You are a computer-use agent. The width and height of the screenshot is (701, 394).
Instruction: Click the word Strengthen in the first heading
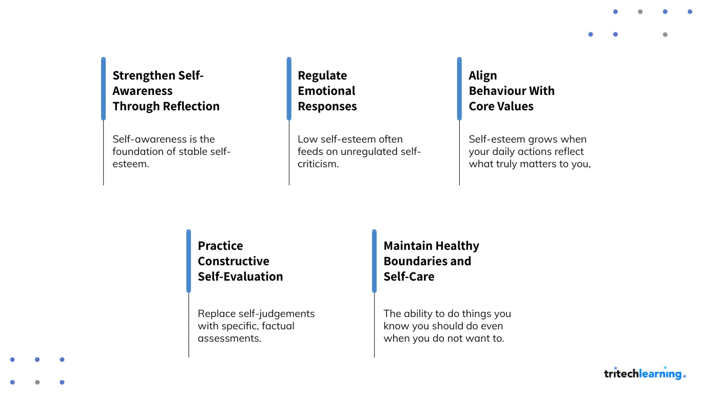144,76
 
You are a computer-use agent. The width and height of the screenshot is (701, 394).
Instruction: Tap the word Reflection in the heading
191,106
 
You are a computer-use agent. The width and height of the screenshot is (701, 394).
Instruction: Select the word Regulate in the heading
322,76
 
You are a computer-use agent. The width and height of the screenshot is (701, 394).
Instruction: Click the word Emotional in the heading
326,91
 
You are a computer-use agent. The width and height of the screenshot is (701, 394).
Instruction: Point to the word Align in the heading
482,76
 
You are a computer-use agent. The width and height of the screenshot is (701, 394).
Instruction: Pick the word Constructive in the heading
233,261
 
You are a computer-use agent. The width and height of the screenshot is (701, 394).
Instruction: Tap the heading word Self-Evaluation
240,277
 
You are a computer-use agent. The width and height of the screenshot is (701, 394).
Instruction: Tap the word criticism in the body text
318,164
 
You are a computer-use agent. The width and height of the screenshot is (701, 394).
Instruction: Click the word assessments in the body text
229,339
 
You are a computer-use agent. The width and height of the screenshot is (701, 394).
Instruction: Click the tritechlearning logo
645,373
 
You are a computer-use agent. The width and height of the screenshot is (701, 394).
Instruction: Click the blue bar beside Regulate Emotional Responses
289,89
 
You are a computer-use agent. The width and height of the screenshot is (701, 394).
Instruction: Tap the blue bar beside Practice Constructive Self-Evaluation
188,261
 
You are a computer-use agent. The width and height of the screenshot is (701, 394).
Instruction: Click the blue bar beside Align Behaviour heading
459,89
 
